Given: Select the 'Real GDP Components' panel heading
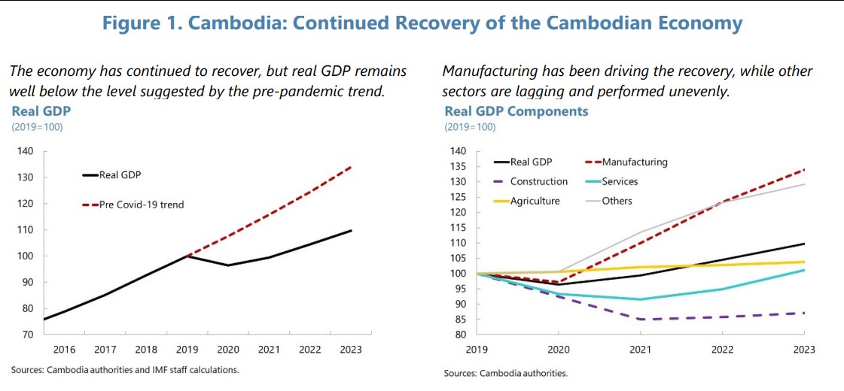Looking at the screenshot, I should pos(516,111).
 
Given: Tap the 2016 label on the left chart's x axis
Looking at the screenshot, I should pos(64,350).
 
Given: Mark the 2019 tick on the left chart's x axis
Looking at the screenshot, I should pos(187,350).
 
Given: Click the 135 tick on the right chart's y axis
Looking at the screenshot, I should pos(458,166).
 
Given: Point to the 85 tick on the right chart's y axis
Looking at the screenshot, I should pos(460,320).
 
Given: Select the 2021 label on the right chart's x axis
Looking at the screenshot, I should pos(641,350).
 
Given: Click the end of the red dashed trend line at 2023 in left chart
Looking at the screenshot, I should pos(351,167).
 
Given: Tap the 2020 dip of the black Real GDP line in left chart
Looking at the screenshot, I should pos(228,265).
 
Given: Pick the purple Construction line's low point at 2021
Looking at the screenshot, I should pos(641,320).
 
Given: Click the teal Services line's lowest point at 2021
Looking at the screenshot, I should pos(641,299).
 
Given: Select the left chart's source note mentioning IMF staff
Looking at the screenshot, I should pos(125,370).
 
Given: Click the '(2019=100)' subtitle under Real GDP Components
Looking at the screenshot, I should pos(470,127).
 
